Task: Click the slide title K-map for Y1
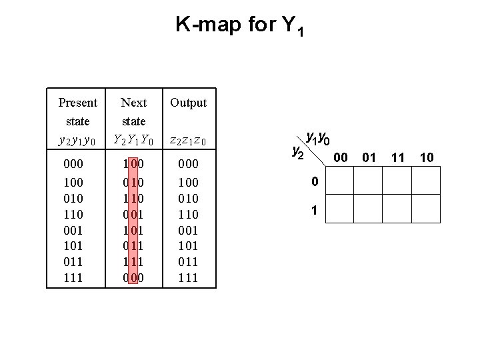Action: click(240, 27)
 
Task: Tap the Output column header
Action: click(189, 103)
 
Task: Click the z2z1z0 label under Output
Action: click(189, 140)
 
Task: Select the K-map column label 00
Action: click(340, 157)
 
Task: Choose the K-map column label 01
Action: click(369, 157)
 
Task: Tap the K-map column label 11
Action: click(398, 157)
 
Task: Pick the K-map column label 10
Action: click(427, 157)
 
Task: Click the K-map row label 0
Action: click(313, 181)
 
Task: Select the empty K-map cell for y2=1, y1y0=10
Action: click(425, 208)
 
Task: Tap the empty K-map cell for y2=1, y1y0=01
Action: click(367, 208)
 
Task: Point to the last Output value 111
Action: click(189, 277)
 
